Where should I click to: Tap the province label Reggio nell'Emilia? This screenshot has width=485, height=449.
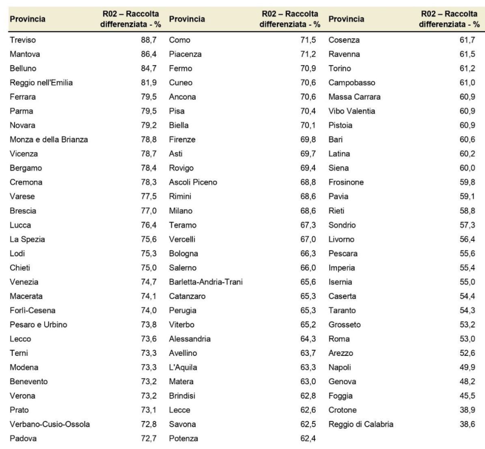click(41, 83)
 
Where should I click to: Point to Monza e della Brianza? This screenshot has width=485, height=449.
click(48, 140)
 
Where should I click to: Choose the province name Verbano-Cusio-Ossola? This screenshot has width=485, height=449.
click(50, 424)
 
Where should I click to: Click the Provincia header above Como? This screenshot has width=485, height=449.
click(187, 19)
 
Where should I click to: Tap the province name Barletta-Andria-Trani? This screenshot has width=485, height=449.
click(206, 282)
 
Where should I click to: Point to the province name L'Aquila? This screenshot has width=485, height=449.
click(183, 367)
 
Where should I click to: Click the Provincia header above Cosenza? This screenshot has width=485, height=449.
click(346, 19)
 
